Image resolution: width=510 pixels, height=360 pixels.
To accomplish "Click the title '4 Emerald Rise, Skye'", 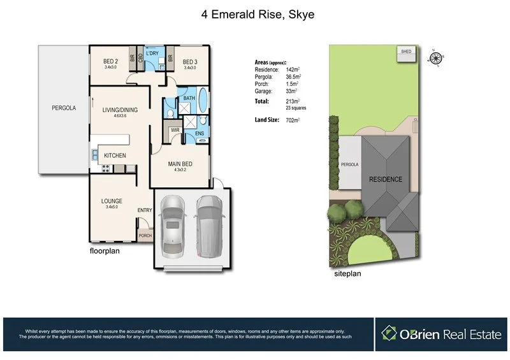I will (x=254, y=13).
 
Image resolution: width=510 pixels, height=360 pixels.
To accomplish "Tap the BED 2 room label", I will (x=111, y=62).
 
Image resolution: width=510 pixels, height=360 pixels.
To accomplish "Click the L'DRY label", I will (x=152, y=53).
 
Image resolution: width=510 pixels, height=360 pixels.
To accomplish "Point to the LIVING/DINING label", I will (x=120, y=110).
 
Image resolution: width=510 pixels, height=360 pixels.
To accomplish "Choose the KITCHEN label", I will (x=115, y=155).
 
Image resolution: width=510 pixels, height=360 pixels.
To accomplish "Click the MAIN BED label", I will (x=180, y=164).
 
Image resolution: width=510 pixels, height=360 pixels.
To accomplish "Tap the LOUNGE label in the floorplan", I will (x=112, y=201).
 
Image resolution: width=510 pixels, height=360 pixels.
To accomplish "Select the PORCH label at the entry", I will (x=145, y=235).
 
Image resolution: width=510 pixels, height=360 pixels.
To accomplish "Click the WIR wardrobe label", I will (x=175, y=130).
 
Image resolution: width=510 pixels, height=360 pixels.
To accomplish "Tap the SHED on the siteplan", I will (x=405, y=52).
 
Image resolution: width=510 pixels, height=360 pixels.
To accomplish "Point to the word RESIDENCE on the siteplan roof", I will (x=386, y=180).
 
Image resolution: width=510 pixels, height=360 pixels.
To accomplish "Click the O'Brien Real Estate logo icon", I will (x=389, y=333).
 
